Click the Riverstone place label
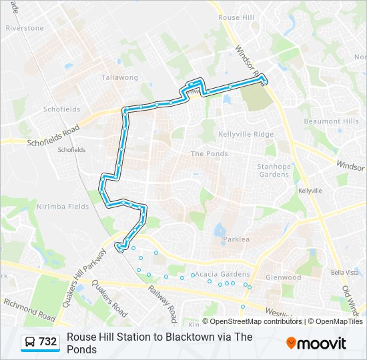(x=25, y=29)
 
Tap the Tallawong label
(x=119, y=77)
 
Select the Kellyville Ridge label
(x=246, y=134)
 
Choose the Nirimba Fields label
(x=63, y=207)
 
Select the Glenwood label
(x=284, y=277)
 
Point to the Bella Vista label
(x=345, y=273)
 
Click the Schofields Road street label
(x=53, y=135)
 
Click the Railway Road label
(x=163, y=301)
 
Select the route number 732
(x=47, y=342)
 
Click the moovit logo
(x=316, y=343)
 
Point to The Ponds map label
(x=209, y=153)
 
